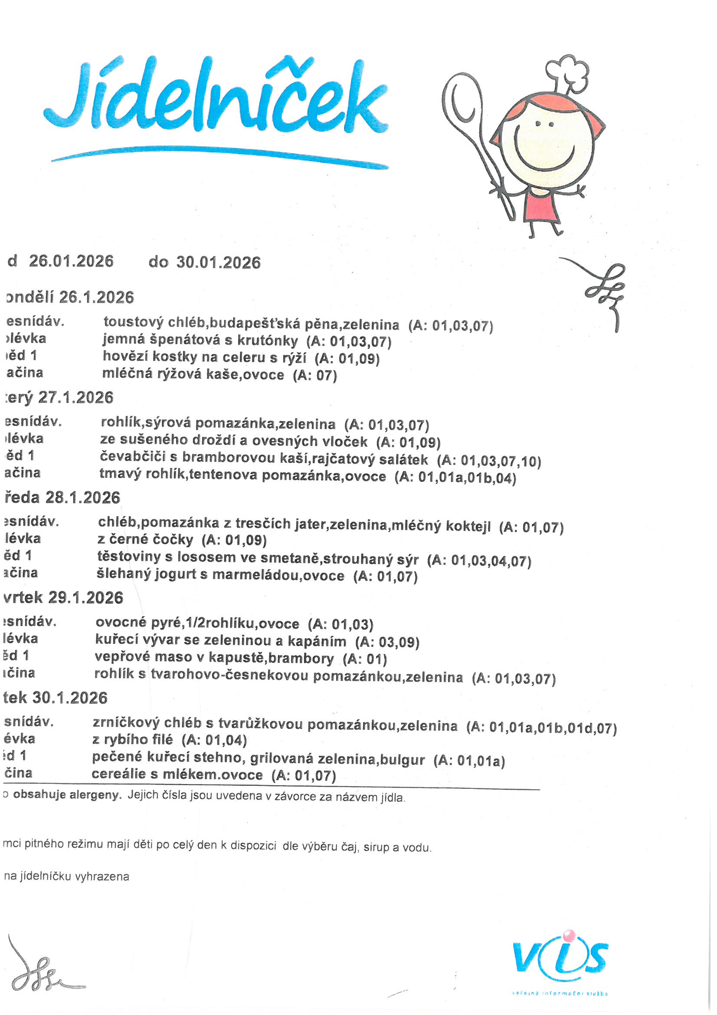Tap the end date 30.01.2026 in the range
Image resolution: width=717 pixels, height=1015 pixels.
pyautogui.click(x=218, y=263)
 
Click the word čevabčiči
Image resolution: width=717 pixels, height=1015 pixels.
pyautogui.click(x=138, y=457)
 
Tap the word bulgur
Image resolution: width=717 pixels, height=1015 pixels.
pyautogui.click(x=403, y=760)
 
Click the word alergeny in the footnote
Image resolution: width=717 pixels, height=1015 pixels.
pyautogui.click(x=95, y=795)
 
